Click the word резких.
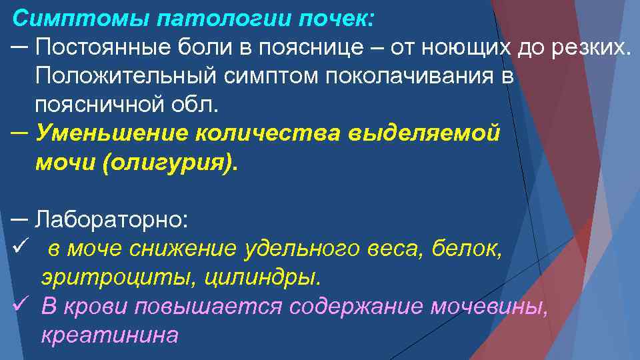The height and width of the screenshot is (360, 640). click(x=590, y=47)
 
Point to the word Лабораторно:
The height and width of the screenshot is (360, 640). click(x=113, y=219)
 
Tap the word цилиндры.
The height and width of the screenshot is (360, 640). click(x=257, y=277)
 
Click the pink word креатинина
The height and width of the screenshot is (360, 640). click(x=109, y=334)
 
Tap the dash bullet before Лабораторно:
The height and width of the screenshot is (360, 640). click(x=19, y=218)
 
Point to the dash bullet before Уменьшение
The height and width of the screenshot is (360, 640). click(x=19, y=132)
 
